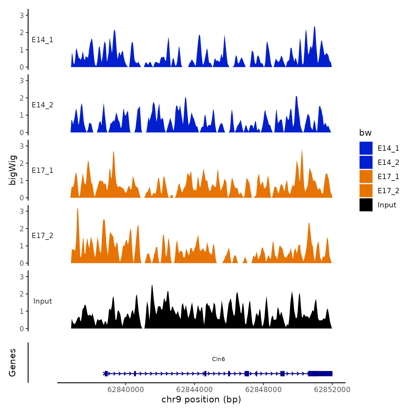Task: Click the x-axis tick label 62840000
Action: pyautogui.click(x=126, y=389)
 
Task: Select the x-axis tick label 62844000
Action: pyautogui.click(x=195, y=389)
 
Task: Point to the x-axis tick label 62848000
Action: pyautogui.click(x=263, y=389)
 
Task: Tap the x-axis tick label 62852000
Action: pyautogui.click(x=332, y=389)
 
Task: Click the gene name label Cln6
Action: pyautogui.click(x=218, y=359)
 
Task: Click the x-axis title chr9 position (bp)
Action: pyautogui.click(x=201, y=399)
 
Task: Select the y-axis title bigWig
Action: pyautogui.click(x=13, y=170)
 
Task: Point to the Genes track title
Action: pyautogui.click(x=12, y=363)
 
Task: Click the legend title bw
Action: pyautogui.click(x=365, y=133)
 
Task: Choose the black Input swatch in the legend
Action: pyautogui.click(x=366, y=205)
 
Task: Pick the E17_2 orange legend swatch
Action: pyautogui.click(x=366, y=191)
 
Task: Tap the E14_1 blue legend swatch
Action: pyautogui.click(x=366, y=148)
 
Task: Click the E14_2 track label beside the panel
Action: pyautogui.click(x=42, y=105)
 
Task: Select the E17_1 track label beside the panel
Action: pyautogui.click(x=42, y=171)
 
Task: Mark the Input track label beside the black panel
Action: pyautogui.click(x=42, y=301)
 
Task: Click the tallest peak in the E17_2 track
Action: pyautogui.click(x=78, y=209)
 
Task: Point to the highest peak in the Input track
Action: pyautogui.click(x=152, y=286)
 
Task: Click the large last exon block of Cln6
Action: pyautogui.click(x=320, y=373)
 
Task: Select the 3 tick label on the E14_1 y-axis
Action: pyautogui.click(x=22, y=15)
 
